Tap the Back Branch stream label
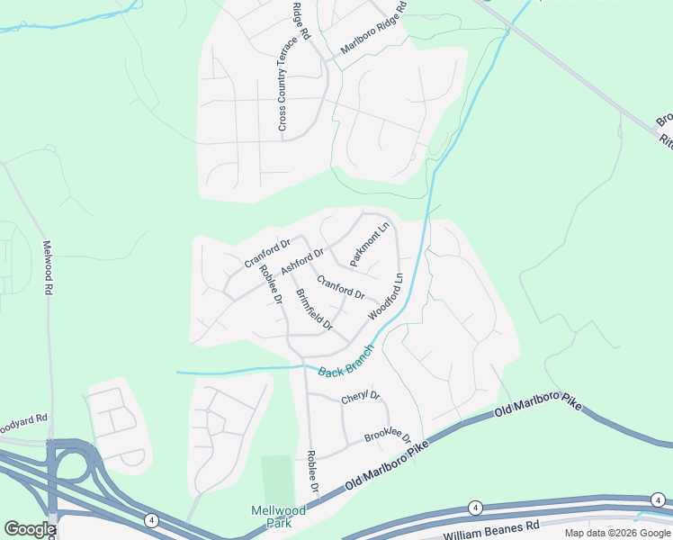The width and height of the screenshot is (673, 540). pos(345,361)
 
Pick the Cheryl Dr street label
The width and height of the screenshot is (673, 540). pos(361,397)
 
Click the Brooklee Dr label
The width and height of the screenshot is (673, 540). pos(387,437)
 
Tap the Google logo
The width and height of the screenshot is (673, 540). pos(30,529)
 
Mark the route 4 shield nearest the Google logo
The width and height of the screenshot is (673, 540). pos(150,519)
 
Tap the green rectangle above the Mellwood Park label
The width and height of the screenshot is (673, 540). pos(277,480)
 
